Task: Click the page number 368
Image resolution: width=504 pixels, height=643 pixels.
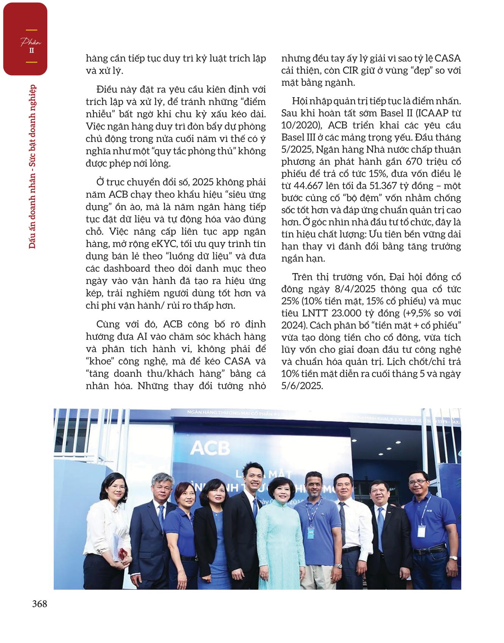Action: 39,604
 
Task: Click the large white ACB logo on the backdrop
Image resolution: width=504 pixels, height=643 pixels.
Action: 210,448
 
